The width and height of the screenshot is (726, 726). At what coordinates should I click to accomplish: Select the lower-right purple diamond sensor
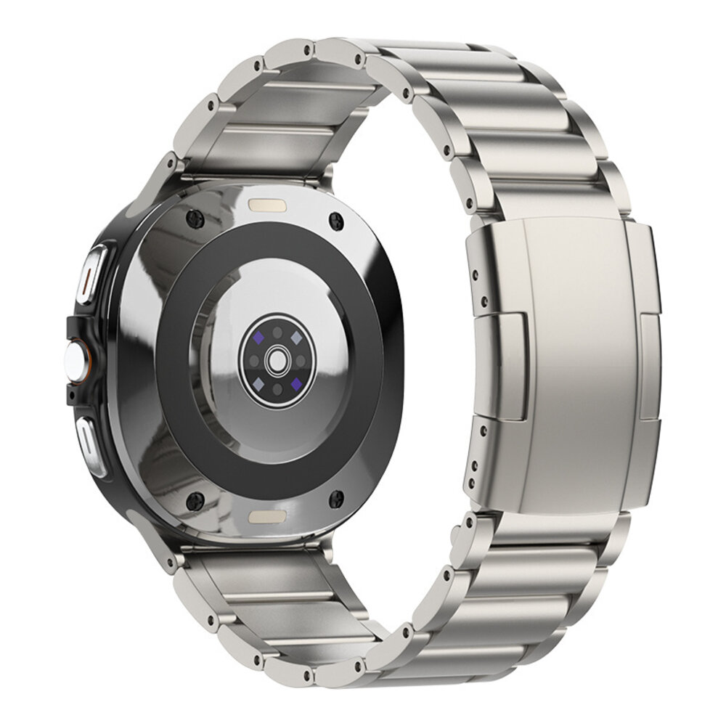coord(295,381)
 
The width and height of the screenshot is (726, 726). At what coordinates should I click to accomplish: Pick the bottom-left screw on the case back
coord(195,499)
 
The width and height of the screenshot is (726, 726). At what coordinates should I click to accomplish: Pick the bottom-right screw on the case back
coord(336,497)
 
